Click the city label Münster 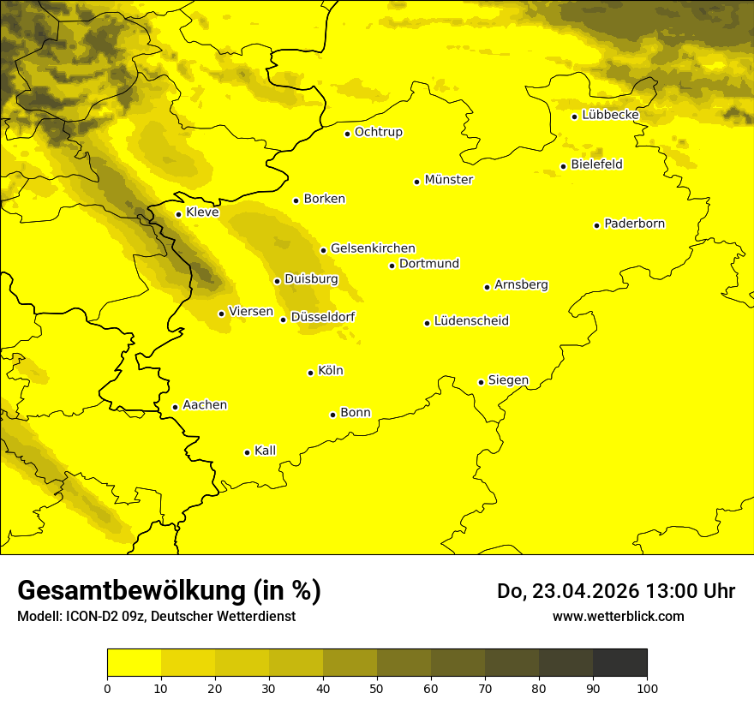449,180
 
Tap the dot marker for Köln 311,373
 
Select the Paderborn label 635,224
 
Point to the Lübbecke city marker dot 575,117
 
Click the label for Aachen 205,405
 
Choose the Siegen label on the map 508,380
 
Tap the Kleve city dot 179,214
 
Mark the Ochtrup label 379,132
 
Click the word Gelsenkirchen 373,248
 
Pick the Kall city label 266,451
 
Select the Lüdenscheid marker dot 427,323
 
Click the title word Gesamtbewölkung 128,591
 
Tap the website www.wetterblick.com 619,616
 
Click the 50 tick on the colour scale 377,687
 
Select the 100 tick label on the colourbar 647,687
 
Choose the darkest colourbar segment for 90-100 620,662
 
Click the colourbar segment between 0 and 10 135,662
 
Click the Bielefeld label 596,164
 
